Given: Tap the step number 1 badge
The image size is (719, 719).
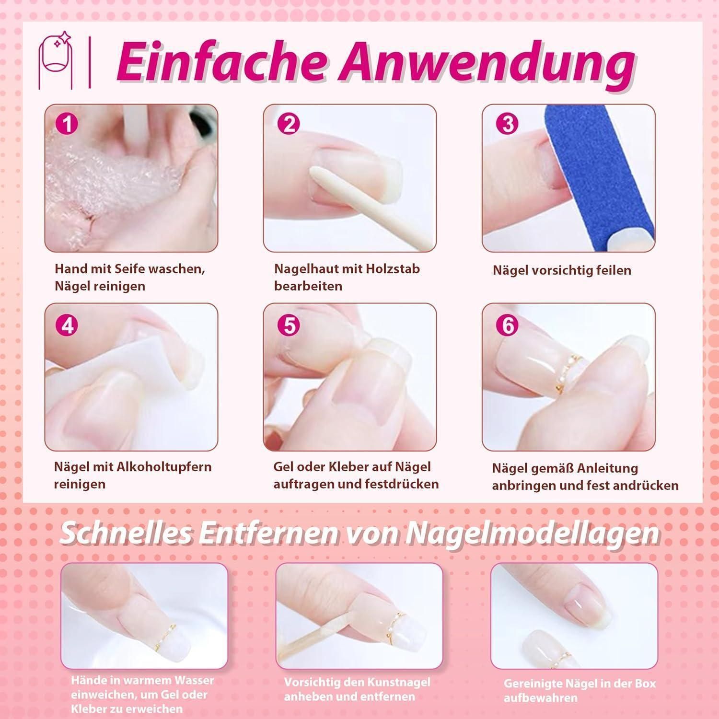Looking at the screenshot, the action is (x=67, y=124).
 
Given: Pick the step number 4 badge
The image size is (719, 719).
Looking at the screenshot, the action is (x=67, y=325).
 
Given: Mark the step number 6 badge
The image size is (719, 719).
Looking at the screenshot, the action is (x=508, y=325).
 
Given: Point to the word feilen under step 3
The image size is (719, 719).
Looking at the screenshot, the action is (x=614, y=270).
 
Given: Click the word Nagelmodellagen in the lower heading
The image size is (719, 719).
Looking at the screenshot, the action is (x=533, y=533).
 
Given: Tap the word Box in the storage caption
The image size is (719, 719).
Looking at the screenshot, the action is (x=645, y=684).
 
